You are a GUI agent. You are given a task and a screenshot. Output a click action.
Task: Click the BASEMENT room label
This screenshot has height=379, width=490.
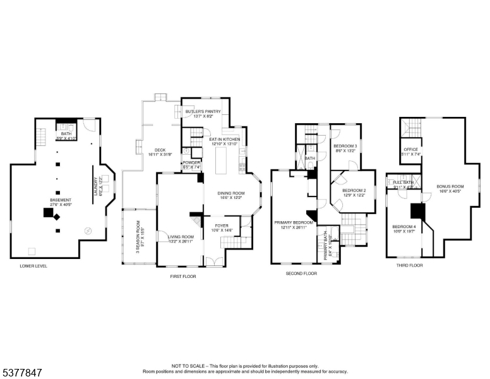[x=61, y=200]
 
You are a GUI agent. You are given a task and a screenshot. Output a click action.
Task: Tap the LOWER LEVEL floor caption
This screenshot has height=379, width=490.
[x=33, y=266]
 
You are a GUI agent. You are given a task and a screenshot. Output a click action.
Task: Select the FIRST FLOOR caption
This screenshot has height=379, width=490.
[x=184, y=276]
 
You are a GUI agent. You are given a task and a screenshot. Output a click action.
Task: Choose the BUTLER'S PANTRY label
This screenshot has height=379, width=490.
[x=203, y=112]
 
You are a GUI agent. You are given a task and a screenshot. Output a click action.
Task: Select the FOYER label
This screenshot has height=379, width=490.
[x=221, y=225]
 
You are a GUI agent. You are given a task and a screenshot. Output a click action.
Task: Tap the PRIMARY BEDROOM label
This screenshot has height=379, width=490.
[x=294, y=223]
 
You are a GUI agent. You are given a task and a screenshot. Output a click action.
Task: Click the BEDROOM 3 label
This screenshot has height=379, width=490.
[x=345, y=147]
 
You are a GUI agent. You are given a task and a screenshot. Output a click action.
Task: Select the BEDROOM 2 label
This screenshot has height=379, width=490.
[x=354, y=190]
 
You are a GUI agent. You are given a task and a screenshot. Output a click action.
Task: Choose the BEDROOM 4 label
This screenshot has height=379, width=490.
[x=403, y=227]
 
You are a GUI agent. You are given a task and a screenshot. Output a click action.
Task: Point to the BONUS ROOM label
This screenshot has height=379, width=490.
[x=450, y=186]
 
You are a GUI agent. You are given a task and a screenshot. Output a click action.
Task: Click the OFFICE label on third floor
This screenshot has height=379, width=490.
[x=410, y=150]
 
